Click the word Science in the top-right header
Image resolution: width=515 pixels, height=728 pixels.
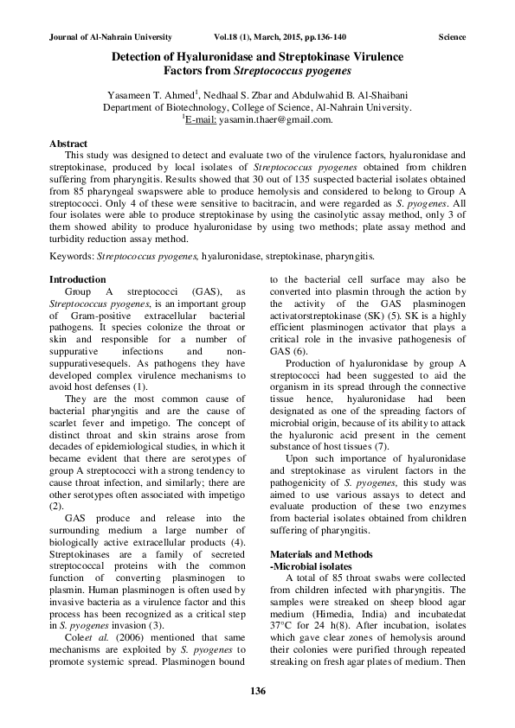pyautogui.click(x=452, y=37)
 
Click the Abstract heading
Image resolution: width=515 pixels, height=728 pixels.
pyautogui.click(x=68, y=143)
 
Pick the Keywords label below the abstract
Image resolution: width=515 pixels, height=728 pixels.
pyautogui.click(x=73, y=256)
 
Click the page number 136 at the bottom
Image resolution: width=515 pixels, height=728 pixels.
pyautogui.click(x=257, y=690)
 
